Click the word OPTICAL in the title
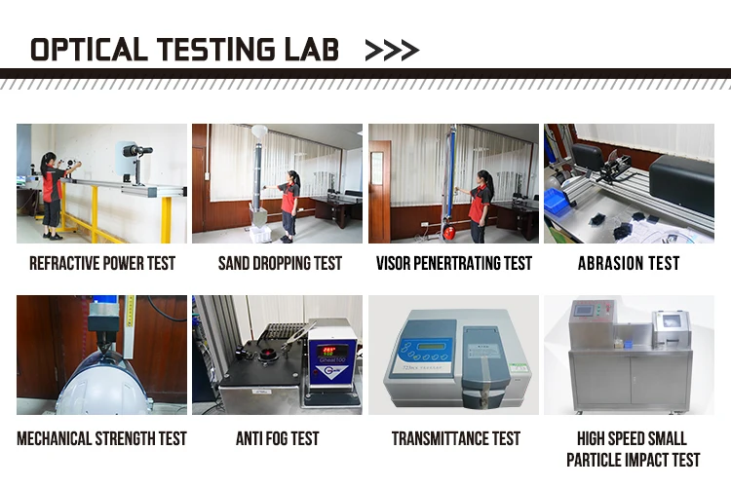pyautogui.click(x=89, y=50)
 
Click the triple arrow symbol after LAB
pyautogui.click(x=392, y=51)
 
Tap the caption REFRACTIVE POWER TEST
pyautogui.click(x=102, y=263)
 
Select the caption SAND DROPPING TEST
pyautogui.click(x=280, y=263)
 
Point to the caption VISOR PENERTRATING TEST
pyautogui.click(x=454, y=263)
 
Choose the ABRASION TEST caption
pyautogui.click(x=629, y=263)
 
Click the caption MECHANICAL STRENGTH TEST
pyautogui.click(x=101, y=438)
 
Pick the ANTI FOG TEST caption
pyautogui.click(x=278, y=438)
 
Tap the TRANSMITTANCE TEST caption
pyautogui.click(x=456, y=438)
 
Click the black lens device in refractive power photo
pyautogui.click(x=137, y=151)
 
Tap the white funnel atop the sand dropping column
pyautogui.click(x=258, y=131)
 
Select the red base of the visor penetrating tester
pyautogui.click(x=449, y=232)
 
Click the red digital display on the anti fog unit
pyautogui.click(x=329, y=351)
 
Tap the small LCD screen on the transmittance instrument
pyautogui.click(x=431, y=346)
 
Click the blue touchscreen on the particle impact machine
pyautogui.click(x=584, y=310)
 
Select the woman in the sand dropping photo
pyautogui.click(x=289, y=206)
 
